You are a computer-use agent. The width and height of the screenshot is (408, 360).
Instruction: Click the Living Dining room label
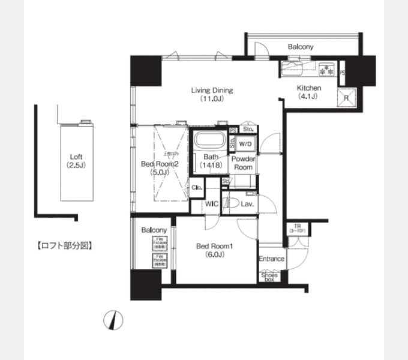pos(212,94)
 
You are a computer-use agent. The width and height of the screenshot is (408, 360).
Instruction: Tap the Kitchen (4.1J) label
pos(310,91)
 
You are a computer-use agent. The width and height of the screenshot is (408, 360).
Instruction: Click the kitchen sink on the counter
pos(293,68)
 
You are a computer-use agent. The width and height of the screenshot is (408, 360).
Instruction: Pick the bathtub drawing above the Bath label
pos(208,143)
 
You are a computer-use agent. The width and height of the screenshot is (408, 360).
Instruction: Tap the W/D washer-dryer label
pos(245,144)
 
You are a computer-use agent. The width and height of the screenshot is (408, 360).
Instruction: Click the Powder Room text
pos(244,163)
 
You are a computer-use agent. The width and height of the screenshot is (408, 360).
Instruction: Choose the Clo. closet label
pos(196,187)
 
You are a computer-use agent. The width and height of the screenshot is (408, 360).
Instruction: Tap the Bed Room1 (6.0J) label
pos(211,250)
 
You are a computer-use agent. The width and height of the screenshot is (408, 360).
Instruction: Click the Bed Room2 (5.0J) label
pos(160,167)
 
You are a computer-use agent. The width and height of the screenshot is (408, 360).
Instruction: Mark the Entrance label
pos(271,259)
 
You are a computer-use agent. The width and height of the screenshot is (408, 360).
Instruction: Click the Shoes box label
pos(269,277)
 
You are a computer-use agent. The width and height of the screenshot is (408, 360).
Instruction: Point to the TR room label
pos(297,229)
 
